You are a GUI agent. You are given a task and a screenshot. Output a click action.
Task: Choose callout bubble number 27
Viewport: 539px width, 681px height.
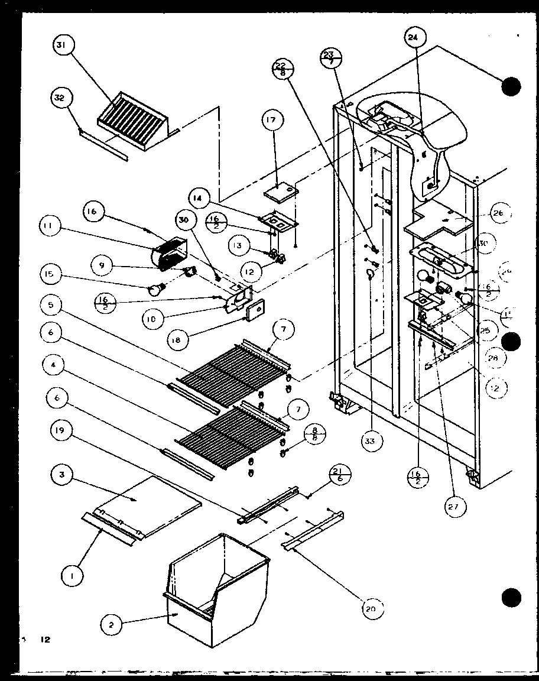(x=456, y=505)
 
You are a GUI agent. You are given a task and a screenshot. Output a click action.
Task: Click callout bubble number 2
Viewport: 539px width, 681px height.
(x=111, y=623)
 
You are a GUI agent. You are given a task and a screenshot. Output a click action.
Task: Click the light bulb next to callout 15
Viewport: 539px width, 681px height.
(x=157, y=289)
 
